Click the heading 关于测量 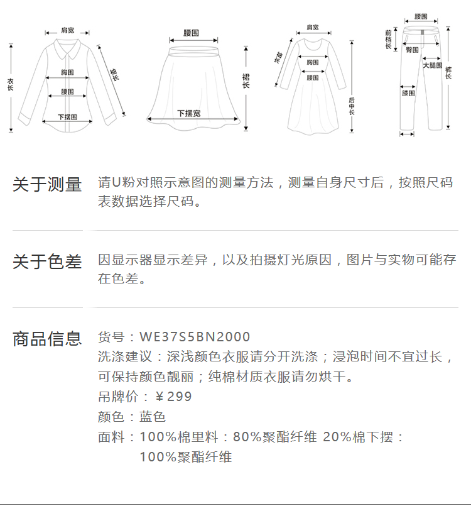tap(47, 185)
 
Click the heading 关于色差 tap(47, 261)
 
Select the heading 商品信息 tap(47, 339)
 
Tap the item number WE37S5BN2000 tap(195, 337)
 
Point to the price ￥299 tap(173, 397)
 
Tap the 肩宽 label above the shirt tap(67, 30)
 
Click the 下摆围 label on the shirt tap(67, 117)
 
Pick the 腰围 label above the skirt tap(191, 33)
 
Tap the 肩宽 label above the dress tap(312, 28)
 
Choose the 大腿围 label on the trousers tap(432, 65)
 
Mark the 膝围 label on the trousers tap(408, 94)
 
